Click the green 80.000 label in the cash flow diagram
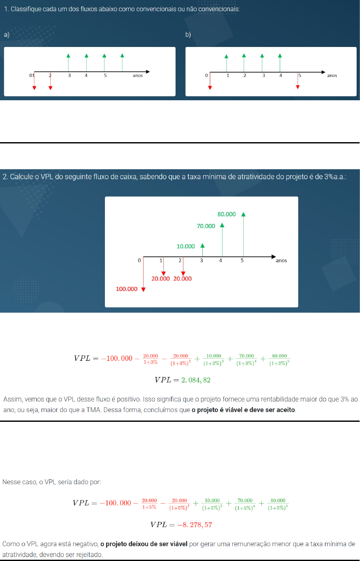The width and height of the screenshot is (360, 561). (x=227, y=214)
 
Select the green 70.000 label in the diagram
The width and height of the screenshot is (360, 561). (x=206, y=226)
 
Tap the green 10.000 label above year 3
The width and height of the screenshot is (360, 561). (x=186, y=246)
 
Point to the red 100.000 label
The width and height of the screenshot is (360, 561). (x=126, y=289)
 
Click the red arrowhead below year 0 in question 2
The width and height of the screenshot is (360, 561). (x=143, y=289)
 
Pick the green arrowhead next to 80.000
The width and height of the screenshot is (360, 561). (x=243, y=214)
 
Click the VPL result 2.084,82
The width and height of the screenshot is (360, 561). (x=196, y=380)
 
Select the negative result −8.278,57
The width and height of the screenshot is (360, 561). (x=195, y=525)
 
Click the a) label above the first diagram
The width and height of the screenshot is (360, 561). (x=7, y=35)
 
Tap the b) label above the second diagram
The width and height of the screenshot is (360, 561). (x=188, y=35)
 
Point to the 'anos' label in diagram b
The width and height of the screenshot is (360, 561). (x=332, y=75)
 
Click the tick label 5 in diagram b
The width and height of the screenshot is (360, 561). (x=300, y=75)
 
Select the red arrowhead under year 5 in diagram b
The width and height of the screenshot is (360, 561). (x=298, y=87)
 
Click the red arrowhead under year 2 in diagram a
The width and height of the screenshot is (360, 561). (x=50, y=88)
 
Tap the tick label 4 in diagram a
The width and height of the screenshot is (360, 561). (x=86, y=75)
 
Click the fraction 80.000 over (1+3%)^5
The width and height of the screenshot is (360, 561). (x=279, y=359)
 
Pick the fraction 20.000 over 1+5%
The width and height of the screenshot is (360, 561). (x=149, y=503)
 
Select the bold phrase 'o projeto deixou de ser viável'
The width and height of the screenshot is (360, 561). (x=144, y=544)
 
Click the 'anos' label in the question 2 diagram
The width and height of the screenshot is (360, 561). (x=281, y=261)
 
